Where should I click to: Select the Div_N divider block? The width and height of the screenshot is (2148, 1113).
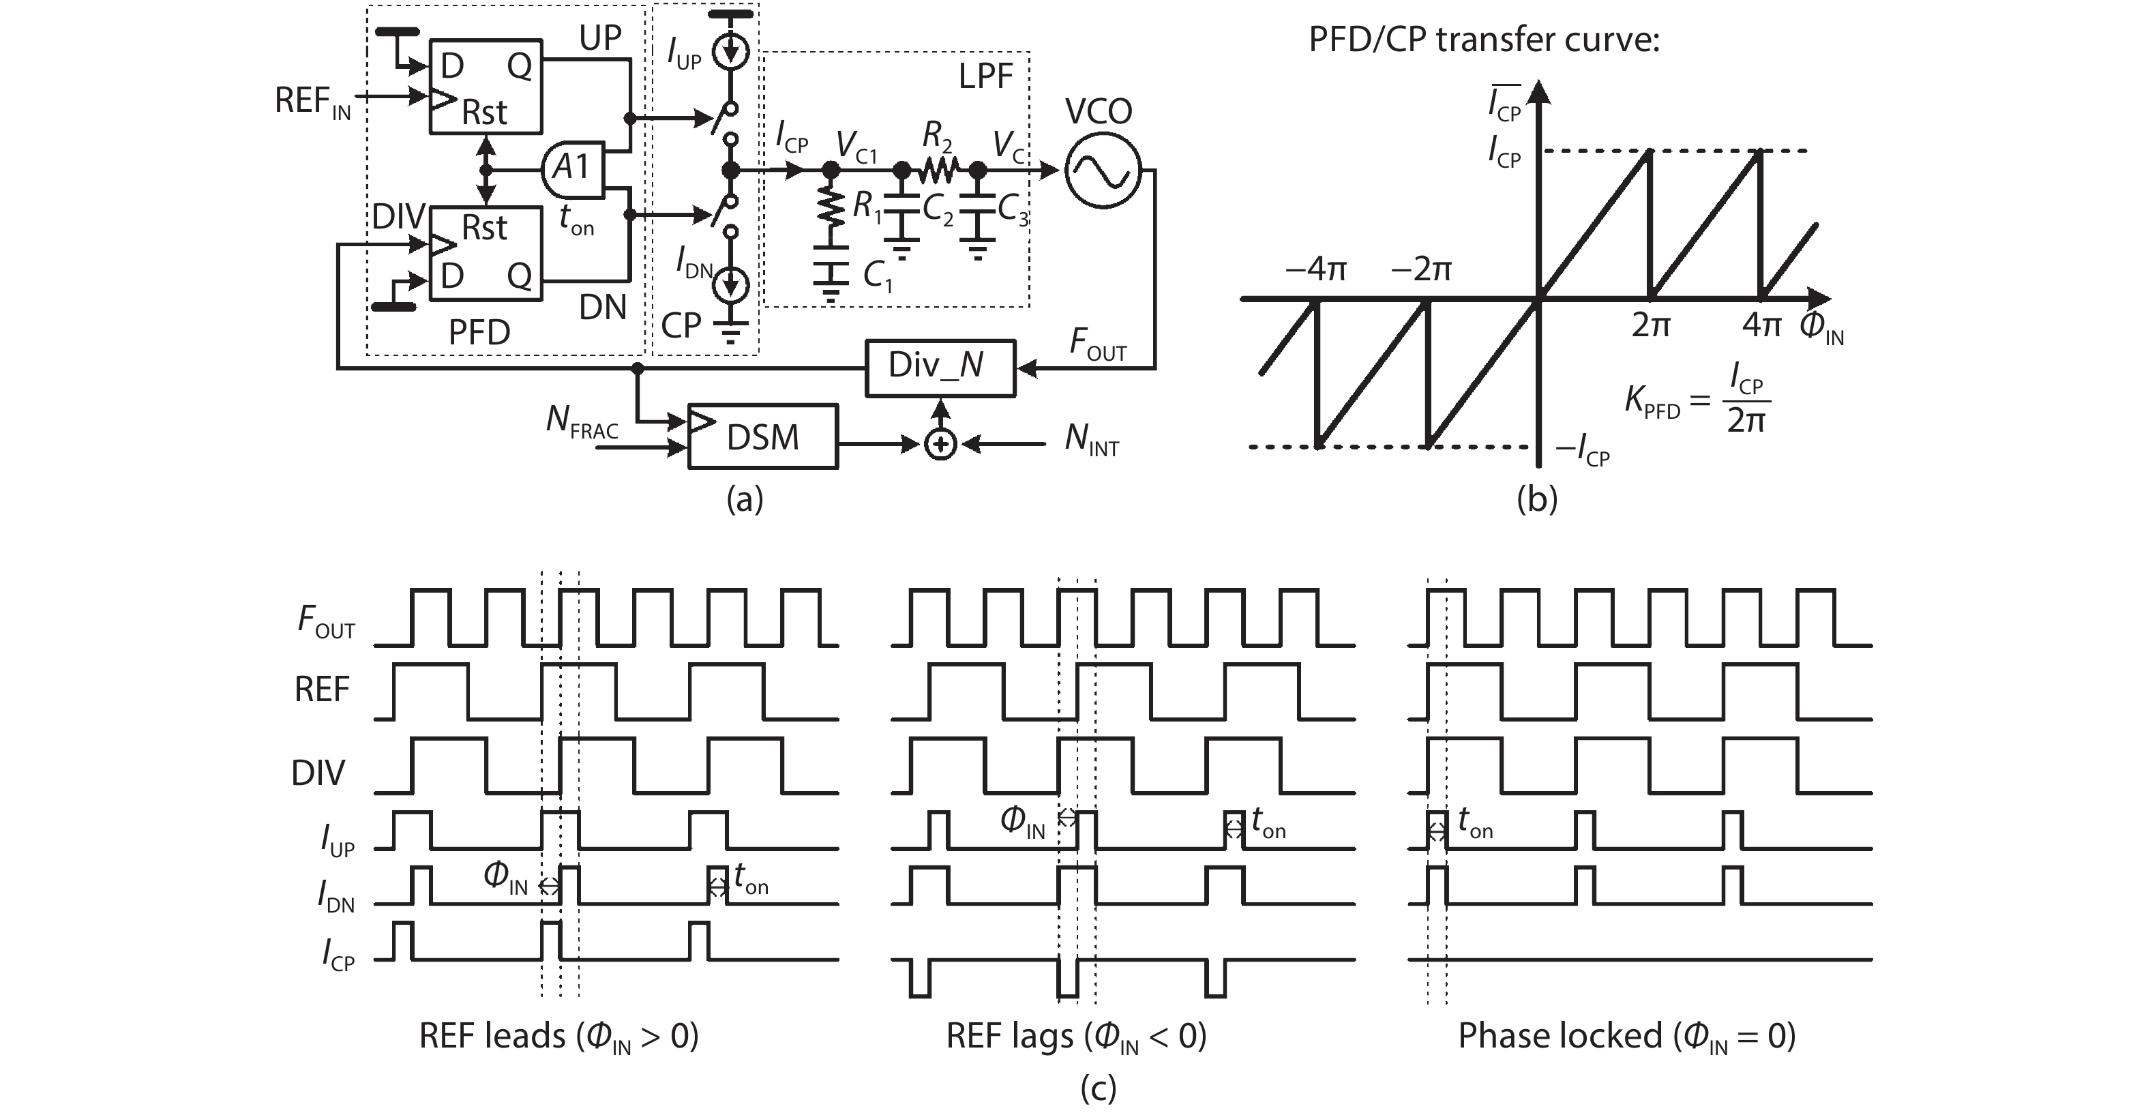(x=940, y=367)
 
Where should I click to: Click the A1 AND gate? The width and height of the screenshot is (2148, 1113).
(x=573, y=168)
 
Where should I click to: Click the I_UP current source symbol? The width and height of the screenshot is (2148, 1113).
(x=731, y=53)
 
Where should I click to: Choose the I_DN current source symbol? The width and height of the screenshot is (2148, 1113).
(x=731, y=285)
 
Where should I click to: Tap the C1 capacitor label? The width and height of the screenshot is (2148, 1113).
(x=877, y=275)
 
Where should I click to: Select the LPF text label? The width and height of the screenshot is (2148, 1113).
(x=985, y=76)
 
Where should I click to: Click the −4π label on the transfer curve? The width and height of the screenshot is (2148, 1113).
(x=1316, y=269)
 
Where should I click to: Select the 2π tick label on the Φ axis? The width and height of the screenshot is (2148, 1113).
(x=1650, y=325)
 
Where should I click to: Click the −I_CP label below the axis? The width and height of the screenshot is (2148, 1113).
(x=1582, y=451)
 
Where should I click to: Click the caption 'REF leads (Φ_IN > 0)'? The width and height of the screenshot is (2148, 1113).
(x=558, y=1037)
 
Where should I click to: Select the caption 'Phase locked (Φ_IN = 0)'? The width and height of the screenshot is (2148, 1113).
(x=1626, y=1037)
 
